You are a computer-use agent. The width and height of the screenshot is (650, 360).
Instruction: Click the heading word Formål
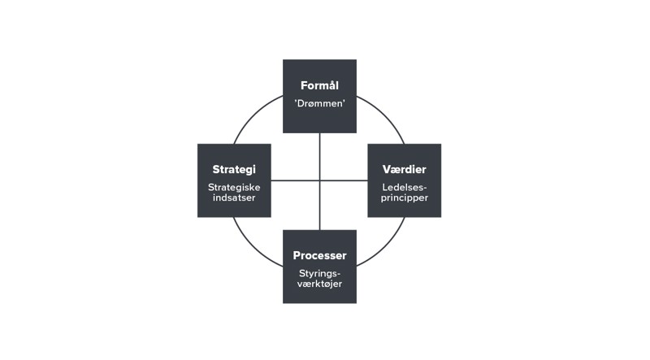pyautogui.click(x=319, y=85)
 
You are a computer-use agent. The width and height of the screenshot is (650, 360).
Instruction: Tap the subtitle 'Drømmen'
pyautogui.click(x=319, y=104)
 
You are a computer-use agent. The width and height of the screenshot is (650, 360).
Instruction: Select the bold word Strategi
pyautogui.click(x=234, y=170)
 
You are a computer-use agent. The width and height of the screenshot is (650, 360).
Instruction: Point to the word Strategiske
pyautogui.click(x=234, y=187)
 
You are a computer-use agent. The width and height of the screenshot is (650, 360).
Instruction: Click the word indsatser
pyautogui.click(x=234, y=197)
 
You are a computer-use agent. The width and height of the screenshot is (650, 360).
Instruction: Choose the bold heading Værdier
pyautogui.click(x=405, y=170)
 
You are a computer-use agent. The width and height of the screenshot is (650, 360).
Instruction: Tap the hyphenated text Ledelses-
pyautogui.click(x=405, y=187)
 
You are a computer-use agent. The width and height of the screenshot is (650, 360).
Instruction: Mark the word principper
pyautogui.click(x=405, y=197)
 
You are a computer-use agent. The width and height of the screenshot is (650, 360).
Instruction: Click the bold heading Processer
pyautogui.click(x=319, y=256)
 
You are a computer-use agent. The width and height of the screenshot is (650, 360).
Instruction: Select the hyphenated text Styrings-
pyautogui.click(x=319, y=273)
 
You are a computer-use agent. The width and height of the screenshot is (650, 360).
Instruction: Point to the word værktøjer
pyautogui.click(x=319, y=284)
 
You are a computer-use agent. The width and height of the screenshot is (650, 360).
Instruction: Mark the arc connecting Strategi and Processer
pyautogui.click(x=254, y=245)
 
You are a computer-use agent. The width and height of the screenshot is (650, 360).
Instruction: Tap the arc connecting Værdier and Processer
pyautogui.click(x=384, y=245)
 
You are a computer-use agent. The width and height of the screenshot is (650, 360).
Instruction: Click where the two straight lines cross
pyautogui.click(x=319, y=180)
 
